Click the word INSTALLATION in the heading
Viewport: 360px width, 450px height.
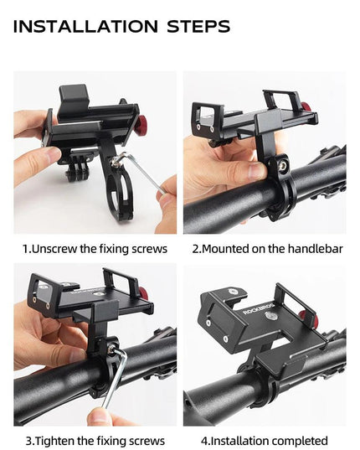point(85,27)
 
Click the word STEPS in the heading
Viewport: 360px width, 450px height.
point(198,27)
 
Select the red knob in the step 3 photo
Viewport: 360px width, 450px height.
point(144,293)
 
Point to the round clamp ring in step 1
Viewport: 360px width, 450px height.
point(122,192)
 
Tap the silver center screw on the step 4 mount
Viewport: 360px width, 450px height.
point(269,316)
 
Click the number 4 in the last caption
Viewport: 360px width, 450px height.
point(204,441)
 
